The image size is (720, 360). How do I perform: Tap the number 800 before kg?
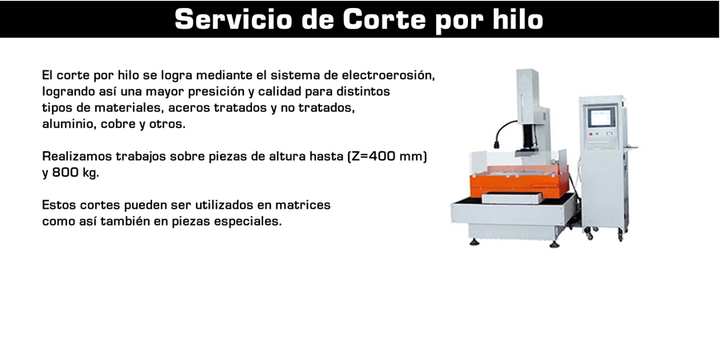click(x=64, y=174)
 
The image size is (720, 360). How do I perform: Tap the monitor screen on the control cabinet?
click(x=602, y=118)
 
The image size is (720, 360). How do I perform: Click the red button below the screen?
click(x=592, y=134)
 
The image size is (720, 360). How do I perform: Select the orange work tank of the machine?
click(x=519, y=181)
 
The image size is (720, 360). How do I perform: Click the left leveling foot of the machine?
click(x=474, y=242)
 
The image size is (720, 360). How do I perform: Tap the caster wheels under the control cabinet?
click(x=604, y=234)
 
